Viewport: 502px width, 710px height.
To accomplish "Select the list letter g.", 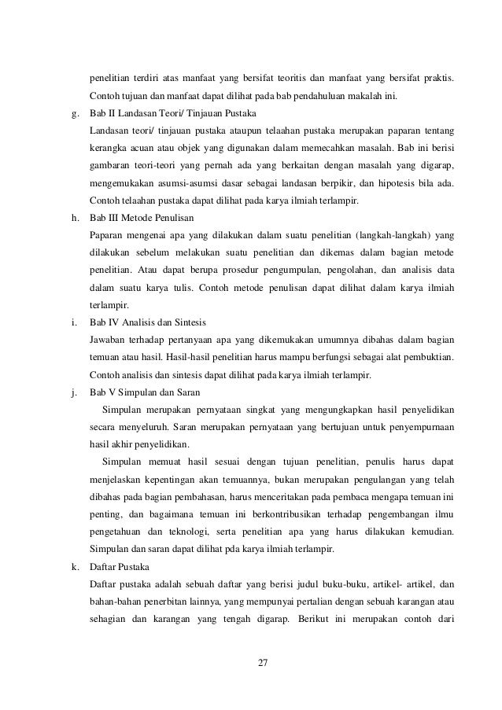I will point(74,113).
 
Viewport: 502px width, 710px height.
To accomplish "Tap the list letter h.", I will point(74,217).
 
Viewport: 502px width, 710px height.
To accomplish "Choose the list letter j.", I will point(73,391).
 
